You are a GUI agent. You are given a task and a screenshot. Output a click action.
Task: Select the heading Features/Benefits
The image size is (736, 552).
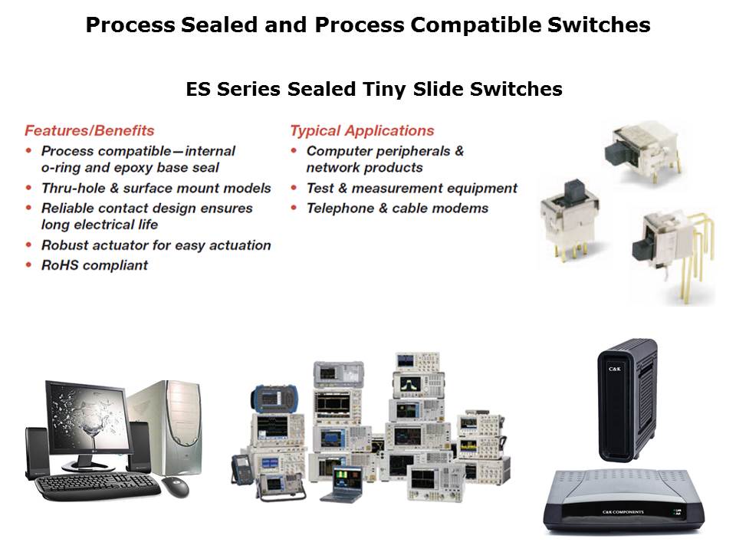point(89,130)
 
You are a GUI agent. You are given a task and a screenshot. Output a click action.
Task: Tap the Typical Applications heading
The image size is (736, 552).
point(362,130)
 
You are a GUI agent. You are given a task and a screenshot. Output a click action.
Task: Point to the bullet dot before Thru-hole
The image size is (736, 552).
point(29,188)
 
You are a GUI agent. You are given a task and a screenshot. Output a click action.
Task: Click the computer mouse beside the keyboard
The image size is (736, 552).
point(176,487)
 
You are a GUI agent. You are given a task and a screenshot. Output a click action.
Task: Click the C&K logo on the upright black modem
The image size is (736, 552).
point(614,369)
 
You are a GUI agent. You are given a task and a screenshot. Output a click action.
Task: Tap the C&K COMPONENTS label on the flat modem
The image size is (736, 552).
point(623,512)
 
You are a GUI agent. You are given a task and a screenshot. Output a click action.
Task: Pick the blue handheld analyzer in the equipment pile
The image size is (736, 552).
point(274,399)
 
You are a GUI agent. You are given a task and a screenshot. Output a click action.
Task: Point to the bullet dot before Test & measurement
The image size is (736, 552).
point(294,188)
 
